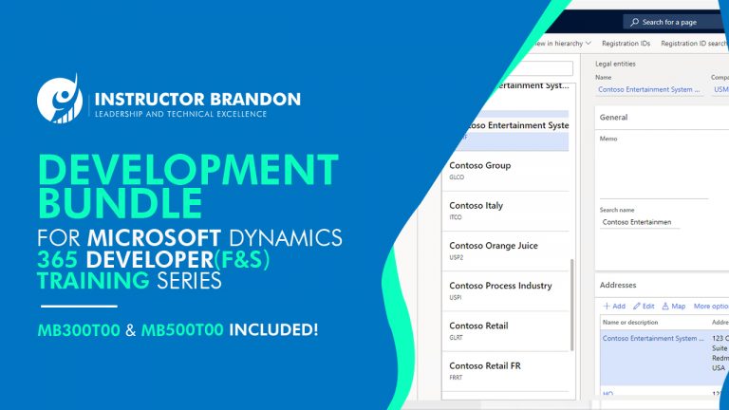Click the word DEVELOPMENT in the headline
click(x=188, y=170)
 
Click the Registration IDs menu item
click(x=626, y=43)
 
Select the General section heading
click(x=614, y=118)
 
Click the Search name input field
click(x=641, y=222)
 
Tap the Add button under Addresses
click(x=614, y=307)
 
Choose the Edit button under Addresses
click(x=645, y=307)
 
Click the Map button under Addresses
click(x=674, y=307)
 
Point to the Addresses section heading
click(x=618, y=285)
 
